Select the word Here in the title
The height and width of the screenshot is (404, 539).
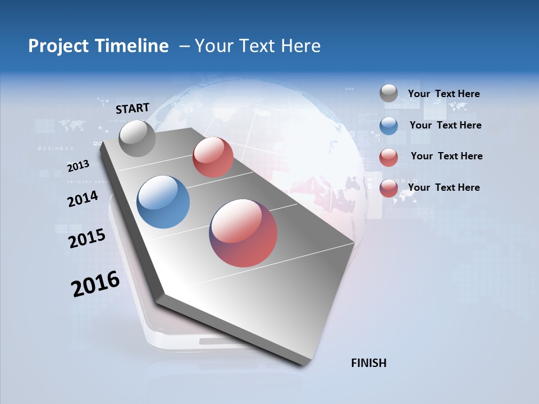click(300, 46)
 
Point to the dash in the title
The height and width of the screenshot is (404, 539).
click(184, 46)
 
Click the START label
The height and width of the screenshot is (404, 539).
click(133, 108)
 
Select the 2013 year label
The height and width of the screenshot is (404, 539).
click(78, 166)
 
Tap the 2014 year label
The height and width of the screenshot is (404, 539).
click(83, 199)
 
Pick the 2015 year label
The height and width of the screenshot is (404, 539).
click(86, 238)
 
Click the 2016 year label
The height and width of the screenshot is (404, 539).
click(95, 283)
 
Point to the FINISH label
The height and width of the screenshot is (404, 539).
click(368, 363)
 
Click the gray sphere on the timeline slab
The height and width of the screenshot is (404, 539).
click(137, 138)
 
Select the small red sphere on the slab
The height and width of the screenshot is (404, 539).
click(213, 157)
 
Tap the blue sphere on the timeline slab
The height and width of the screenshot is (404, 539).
click(163, 201)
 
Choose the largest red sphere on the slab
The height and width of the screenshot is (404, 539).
click(243, 233)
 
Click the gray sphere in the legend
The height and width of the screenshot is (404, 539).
click(389, 94)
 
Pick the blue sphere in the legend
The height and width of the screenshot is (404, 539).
click(389, 125)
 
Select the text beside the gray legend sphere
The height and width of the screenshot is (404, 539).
click(444, 94)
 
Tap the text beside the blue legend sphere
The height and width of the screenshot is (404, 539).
click(445, 125)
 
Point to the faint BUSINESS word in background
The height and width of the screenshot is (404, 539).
click(56, 149)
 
